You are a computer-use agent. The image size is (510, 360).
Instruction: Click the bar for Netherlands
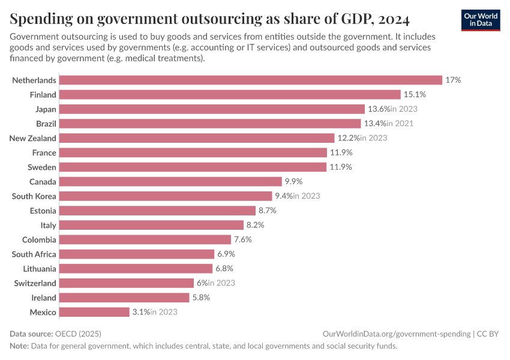251,80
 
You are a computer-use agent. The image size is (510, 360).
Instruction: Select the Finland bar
230,94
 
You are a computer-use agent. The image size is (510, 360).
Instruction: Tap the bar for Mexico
94,312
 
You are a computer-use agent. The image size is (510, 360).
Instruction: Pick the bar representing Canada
170,181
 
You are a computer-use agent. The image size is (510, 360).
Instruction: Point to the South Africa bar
137,254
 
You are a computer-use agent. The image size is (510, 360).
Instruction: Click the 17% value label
453,80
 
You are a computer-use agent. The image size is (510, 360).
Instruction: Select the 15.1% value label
413,94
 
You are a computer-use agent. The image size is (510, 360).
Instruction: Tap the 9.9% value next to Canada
294,181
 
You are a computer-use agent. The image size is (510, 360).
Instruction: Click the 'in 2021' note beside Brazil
400,124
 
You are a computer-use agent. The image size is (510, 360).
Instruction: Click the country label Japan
46,109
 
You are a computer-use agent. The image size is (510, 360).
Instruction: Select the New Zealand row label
33,138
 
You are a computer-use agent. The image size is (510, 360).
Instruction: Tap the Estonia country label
43,211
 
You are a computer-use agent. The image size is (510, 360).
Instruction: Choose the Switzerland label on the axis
35,283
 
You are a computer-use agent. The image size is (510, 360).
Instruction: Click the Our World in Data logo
481,20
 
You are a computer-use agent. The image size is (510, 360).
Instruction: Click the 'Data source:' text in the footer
32,334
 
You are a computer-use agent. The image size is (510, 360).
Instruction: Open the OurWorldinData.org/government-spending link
396,334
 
